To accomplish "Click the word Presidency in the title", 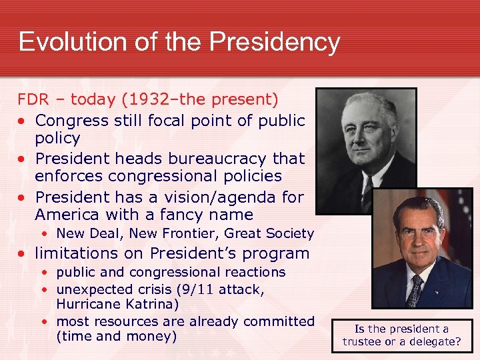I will coord(275,42).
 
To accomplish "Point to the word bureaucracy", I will coord(205,159).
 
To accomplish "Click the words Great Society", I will coord(269,233).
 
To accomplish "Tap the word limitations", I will coord(74,253).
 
